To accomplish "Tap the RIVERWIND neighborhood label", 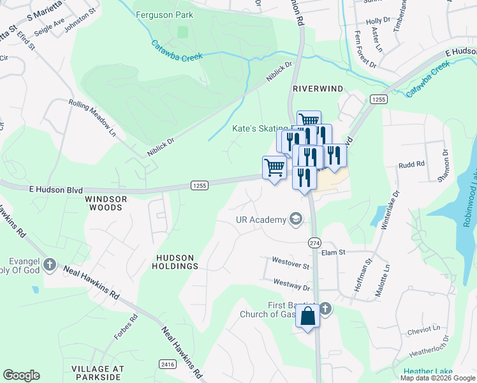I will tap(318, 89).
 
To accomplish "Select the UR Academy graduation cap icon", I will tap(295, 220).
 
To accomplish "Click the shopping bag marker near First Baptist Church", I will tap(307, 316).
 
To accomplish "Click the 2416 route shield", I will tap(168, 363).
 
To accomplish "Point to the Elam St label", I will tap(333, 253).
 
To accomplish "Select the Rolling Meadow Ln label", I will tap(92, 117).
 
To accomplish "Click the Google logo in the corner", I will tap(21, 375).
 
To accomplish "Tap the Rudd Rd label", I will tap(411, 165).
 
